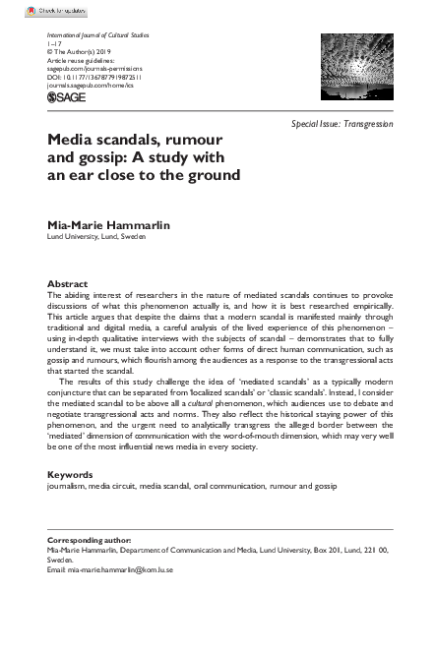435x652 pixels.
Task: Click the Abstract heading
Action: tap(67, 283)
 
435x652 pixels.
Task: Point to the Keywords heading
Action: tap(70, 475)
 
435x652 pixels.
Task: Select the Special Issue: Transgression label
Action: tap(342, 125)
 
